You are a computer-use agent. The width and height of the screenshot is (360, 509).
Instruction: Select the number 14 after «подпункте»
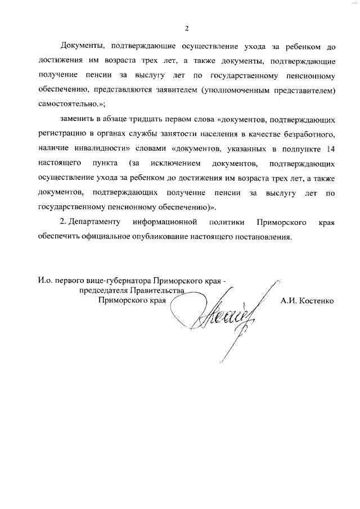pyautogui.click(x=331, y=149)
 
